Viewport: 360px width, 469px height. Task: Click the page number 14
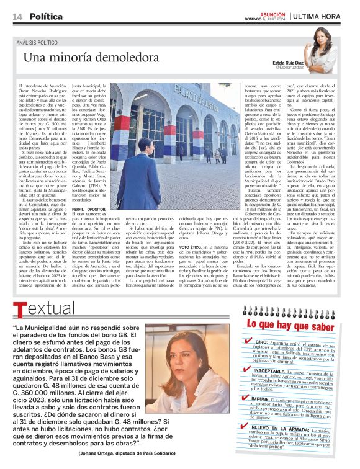[x=17, y=16]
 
